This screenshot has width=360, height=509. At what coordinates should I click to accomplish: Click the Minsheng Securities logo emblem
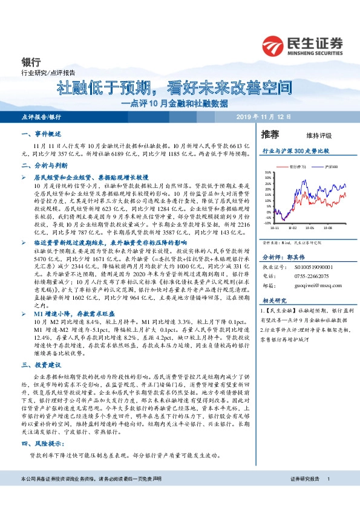[274, 44]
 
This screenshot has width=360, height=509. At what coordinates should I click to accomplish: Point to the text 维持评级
[310, 135]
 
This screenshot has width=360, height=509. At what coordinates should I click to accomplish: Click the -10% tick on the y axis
[268, 222]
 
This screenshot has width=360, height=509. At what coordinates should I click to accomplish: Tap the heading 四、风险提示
[39, 445]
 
